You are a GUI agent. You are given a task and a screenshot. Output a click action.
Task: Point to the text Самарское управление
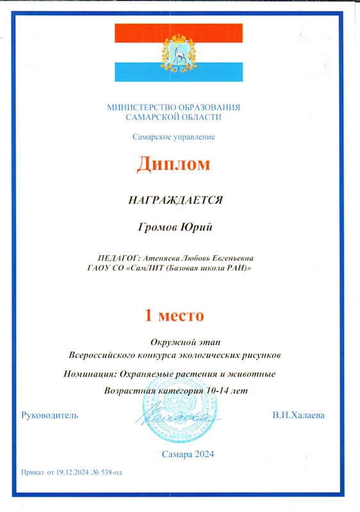tap(174, 136)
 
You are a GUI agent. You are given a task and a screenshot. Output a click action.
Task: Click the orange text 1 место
tap(173, 315)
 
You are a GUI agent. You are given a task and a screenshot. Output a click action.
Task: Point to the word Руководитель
tap(50, 415)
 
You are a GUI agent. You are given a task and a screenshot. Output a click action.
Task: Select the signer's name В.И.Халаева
tap(299, 415)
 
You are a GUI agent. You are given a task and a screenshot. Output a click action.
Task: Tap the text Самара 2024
tap(188, 454)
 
